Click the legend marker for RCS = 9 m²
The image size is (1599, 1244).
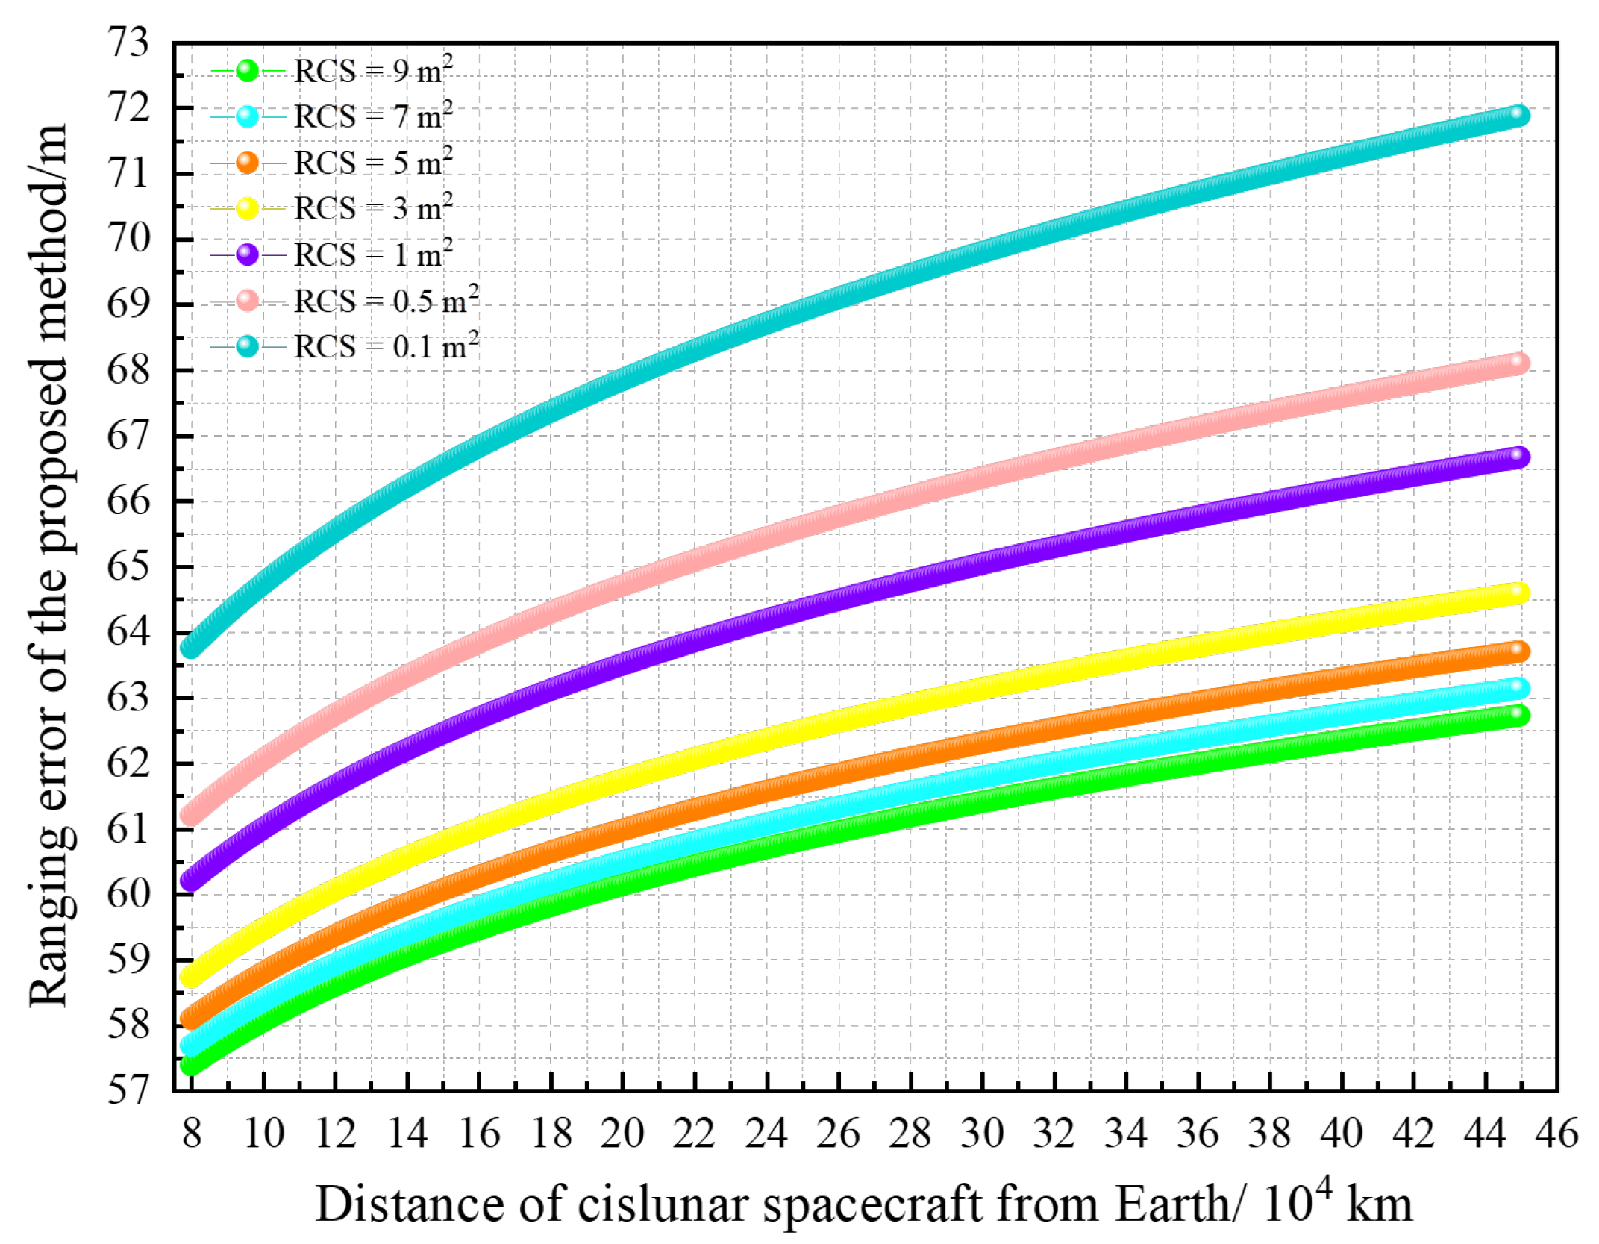(x=247, y=71)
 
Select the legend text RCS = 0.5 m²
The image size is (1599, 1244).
(x=386, y=301)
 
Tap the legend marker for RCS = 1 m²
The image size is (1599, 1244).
(x=247, y=254)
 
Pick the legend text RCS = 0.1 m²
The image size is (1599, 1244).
(x=386, y=347)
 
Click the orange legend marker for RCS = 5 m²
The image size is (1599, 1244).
(x=247, y=163)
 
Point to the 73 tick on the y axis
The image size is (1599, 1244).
(x=128, y=43)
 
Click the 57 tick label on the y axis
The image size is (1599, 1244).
(x=128, y=1090)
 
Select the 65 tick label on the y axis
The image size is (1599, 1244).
(x=128, y=566)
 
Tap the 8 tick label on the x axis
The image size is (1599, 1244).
(x=192, y=1134)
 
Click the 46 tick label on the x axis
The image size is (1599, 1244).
(x=1556, y=1134)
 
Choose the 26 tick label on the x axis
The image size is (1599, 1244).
(x=838, y=1134)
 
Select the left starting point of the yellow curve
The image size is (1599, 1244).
(x=191, y=975)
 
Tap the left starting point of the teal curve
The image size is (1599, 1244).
(x=191, y=646)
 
